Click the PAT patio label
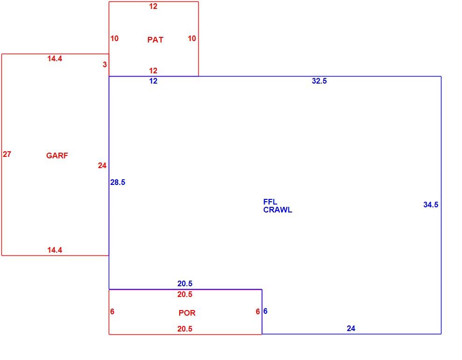coord(155,40)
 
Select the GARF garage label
coord(57,155)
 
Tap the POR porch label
coord(187,313)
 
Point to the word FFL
coord(270,202)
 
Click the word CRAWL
coord(278,210)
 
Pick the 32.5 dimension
coord(319,81)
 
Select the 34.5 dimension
coord(430,205)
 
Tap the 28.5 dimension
coord(118,182)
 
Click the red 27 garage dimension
coord(7,154)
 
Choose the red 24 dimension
coord(102,165)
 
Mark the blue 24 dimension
coord(351,328)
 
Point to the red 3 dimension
coord(105,64)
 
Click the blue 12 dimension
coord(153,81)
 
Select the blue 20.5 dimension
coord(185,283)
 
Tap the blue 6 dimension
coord(265,311)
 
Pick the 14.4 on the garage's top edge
coord(55,58)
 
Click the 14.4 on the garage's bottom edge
coord(55,250)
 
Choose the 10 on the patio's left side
coord(114,38)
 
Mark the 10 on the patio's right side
coord(192,38)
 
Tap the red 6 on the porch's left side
coord(112,311)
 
